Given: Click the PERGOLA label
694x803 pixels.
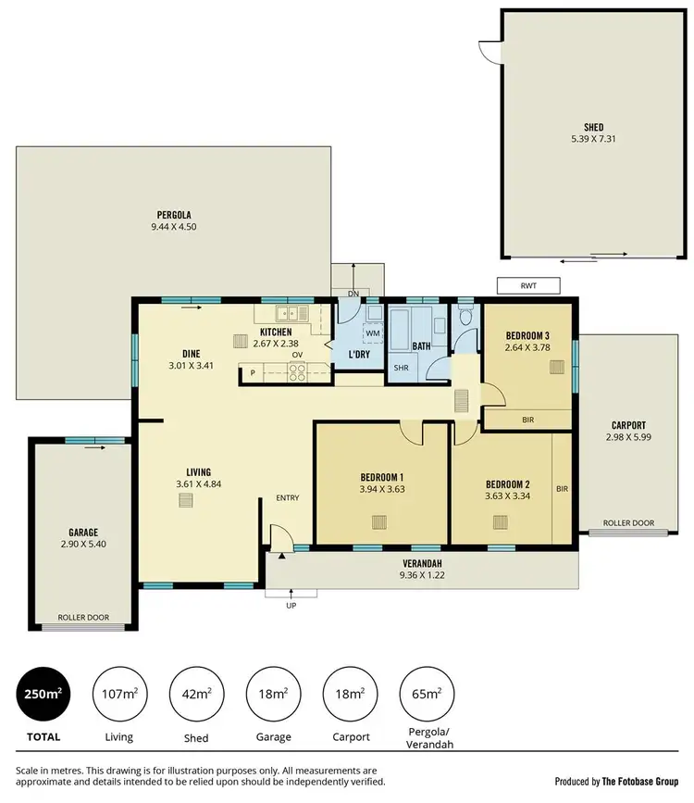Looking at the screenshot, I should pos(174,214).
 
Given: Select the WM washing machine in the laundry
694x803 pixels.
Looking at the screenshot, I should pos(374,332).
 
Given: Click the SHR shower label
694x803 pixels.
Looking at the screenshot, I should pos(401,368).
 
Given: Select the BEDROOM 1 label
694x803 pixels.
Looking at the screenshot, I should pos(383,478).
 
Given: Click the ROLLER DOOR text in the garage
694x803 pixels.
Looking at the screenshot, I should pos(83,616).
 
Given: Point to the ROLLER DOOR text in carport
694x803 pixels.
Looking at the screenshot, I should pos(628,523).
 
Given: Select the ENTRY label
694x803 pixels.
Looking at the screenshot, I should pos(288,498).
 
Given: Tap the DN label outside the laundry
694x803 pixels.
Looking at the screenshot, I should pos(353,294).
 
